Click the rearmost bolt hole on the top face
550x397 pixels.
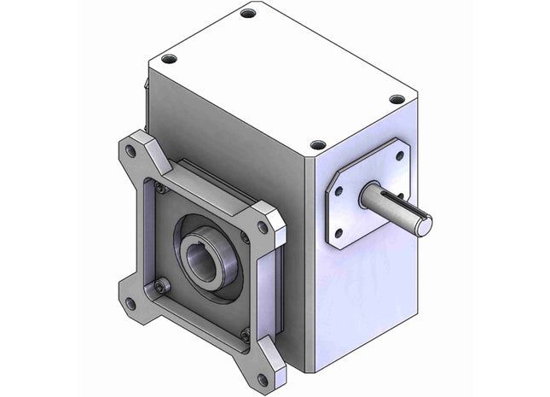248,14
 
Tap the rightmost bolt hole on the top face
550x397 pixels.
397,99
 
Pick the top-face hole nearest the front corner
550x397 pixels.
318,145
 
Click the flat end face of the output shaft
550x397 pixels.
422,224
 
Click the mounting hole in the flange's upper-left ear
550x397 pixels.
130,150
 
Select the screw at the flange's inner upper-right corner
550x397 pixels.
246,238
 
